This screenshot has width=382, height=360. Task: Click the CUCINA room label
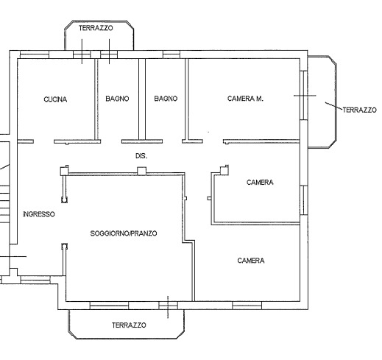[x=55, y=99]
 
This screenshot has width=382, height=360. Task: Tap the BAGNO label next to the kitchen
[x=117, y=99]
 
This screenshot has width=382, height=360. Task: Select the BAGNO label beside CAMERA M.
[x=166, y=99]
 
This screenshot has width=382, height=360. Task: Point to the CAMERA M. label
[x=245, y=99]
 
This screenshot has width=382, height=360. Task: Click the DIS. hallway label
[x=141, y=156]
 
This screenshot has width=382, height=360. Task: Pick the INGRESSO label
[x=39, y=214]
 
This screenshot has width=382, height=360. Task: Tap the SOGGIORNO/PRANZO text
[x=124, y=233]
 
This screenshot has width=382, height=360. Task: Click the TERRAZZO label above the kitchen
[x=96, y=28]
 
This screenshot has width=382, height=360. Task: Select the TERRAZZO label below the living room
[x=129, y=325]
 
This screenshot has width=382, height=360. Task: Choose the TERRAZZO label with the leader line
[x=359, y=110]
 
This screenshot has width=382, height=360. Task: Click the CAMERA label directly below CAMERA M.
[x=260, y=183]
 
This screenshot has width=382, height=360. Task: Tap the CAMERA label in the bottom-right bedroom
[x=251, y=261]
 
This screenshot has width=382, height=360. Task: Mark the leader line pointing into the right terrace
[x=334, y=106]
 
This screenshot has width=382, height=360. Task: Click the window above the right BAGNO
[x=171, y=54]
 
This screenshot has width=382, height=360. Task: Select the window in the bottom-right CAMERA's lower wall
[x=247, y=306]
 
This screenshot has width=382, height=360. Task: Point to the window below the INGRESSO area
[x=35, y=280]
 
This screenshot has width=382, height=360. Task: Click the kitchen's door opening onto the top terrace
[x=82, y=54]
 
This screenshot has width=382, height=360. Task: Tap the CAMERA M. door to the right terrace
[x=304, y=96]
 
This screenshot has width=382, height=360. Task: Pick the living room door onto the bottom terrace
[x=168, y=306]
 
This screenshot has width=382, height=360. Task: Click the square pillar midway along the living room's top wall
[x=141, y=171]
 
